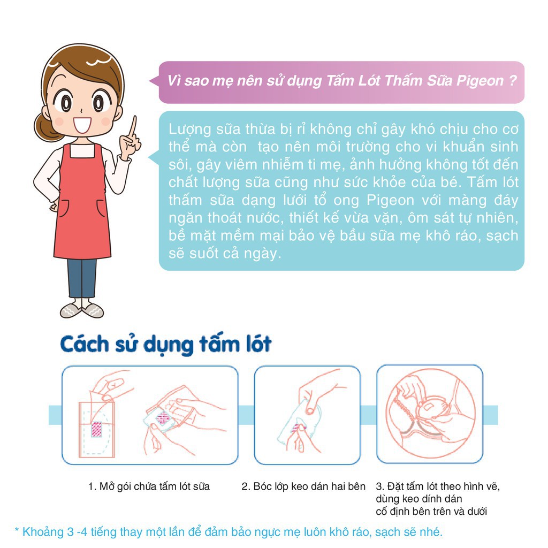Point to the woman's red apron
(x=82, y=203)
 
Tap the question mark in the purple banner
(x=512, y=81)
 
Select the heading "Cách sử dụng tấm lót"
(x=166, y=344)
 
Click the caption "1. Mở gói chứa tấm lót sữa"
(x=149, y=486)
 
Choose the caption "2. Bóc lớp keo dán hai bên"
(x=303, y=486)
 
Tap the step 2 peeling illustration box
(x=307, y=415)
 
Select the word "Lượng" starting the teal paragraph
(x=186, y=130)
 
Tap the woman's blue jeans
(x=82, y=277)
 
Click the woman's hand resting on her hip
(x=54, y=205)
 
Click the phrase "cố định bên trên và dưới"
(x=432, y=511)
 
